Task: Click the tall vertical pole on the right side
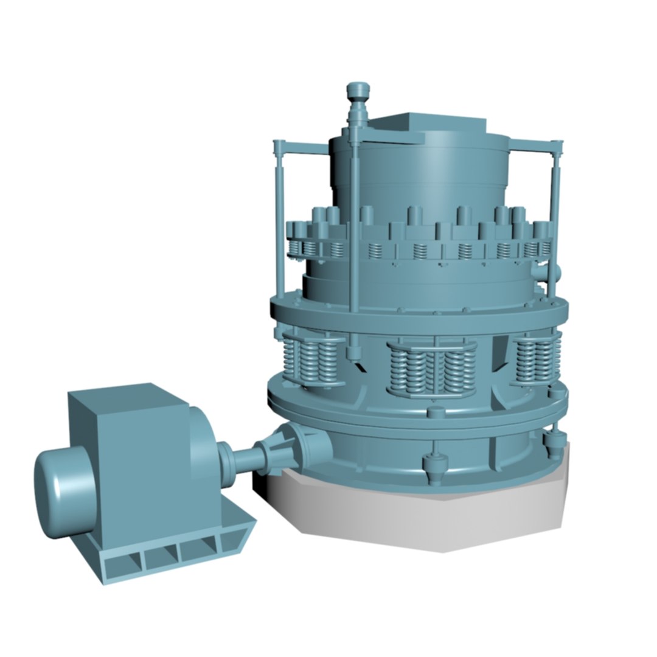pos(554,213)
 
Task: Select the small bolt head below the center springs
pos(433,413)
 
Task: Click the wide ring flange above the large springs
pos(420,313)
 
